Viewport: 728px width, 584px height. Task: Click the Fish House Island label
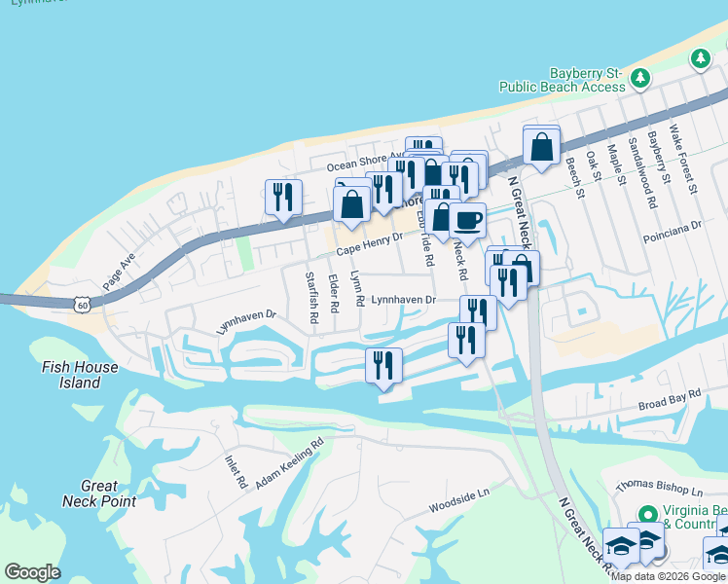[80, 375]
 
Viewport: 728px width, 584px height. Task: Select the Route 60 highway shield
[83, 305]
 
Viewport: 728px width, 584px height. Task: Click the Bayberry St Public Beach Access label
[562, 80]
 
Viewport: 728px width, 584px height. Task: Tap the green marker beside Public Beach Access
[639, 77]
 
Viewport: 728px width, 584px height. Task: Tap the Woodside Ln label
[458, 502]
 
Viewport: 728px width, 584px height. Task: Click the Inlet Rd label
[236, 472]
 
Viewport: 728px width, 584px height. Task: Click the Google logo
[32, 572]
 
